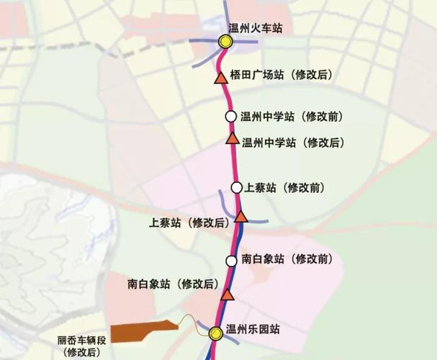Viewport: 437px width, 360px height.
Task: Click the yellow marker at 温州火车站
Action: point(225,42)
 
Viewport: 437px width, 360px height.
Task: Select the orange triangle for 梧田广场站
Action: point(220,77)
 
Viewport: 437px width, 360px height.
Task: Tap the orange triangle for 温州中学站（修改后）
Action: point(232,138)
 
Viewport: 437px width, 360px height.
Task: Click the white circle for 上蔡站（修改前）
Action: point(237,187)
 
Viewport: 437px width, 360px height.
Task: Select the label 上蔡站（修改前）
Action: point(285,187)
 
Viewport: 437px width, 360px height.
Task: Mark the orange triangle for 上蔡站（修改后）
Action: point(242,216)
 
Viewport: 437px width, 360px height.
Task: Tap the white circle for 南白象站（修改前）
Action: point(231,260)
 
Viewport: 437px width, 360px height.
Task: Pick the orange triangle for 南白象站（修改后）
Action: point(228,294)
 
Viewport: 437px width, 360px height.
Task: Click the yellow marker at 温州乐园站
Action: point(215,333)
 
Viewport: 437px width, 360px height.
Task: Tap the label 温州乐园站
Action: point(253,330)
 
